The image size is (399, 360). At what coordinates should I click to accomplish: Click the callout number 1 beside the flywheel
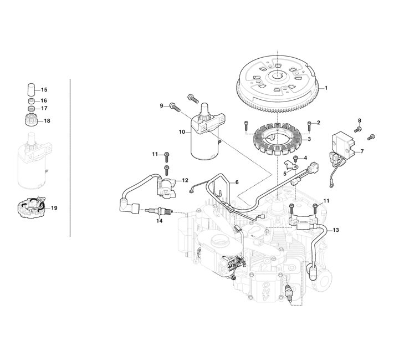pyautogui.click(x=326, y=88)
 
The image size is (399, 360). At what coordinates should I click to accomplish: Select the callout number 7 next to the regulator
pyautogui.click(x=362, y=151)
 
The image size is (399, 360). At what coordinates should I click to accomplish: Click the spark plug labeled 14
pyautogui.click(x=160, y=211)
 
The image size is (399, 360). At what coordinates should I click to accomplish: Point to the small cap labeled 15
pyautogui.click(x=31, y=89)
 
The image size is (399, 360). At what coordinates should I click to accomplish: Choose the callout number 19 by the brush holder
pyautogui.click(x=54, y=208)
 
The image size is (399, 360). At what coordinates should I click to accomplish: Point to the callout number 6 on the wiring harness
pyautogui.click(x=237, y=182)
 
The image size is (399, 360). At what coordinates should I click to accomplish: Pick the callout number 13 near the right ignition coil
pyautogui.click(x=336, y=230)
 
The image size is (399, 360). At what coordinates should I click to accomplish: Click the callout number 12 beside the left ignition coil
pyautogui.click(x=185, y=180)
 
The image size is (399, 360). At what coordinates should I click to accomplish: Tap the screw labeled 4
pyautogui.click(x=296, y=159)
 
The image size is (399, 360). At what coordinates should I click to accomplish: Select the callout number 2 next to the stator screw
pyautogui.click(x=318, y=123)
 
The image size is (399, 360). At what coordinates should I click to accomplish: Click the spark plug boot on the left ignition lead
pyautogui.click(x=130, y=206)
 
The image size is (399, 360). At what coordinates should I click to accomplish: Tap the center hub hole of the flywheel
pyautogui.click(x=276, y=75)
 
